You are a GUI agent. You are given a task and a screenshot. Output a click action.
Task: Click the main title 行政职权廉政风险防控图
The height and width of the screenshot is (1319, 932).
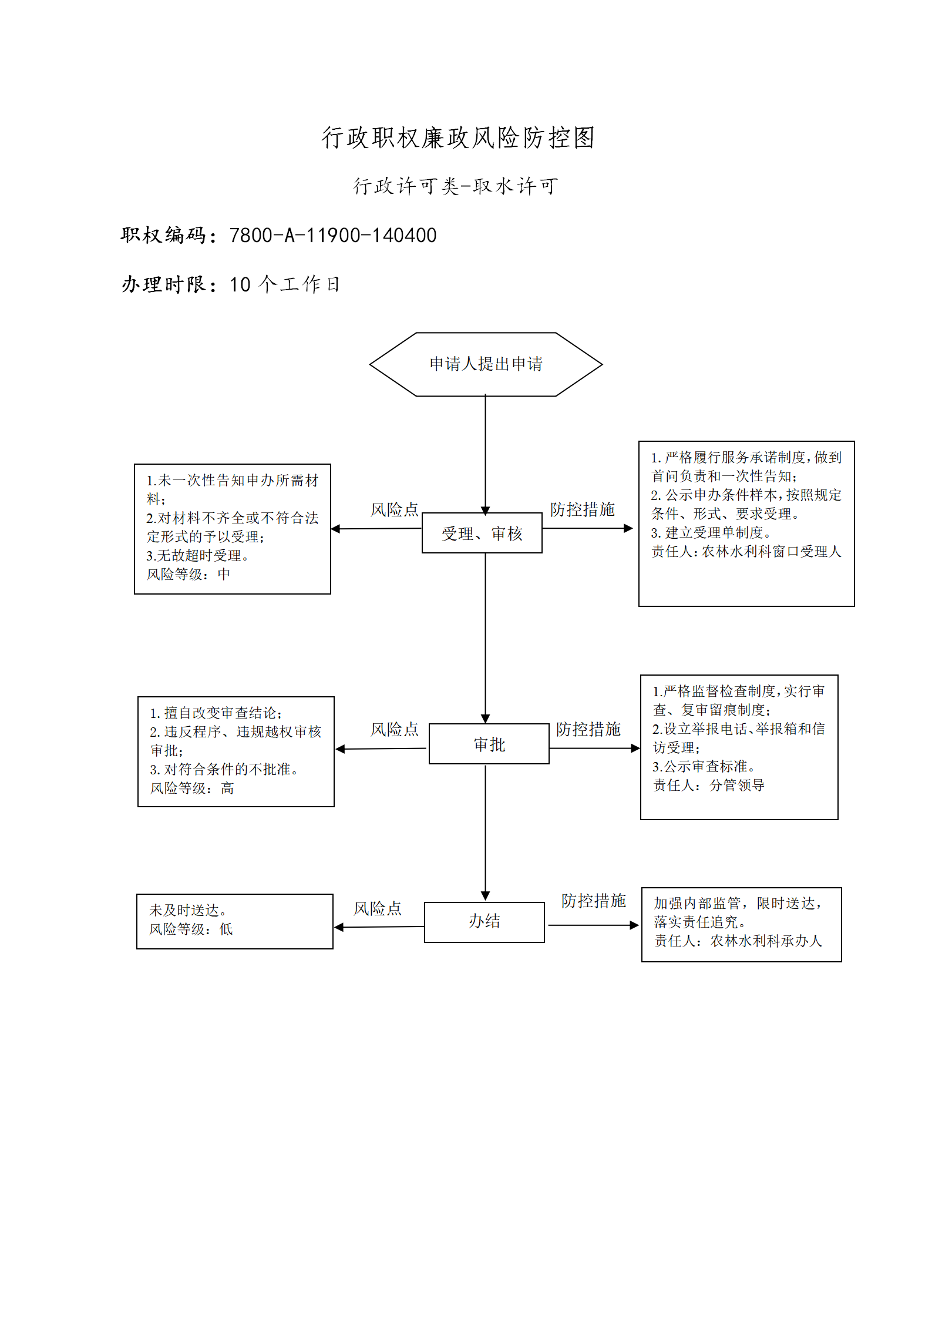[458, 138]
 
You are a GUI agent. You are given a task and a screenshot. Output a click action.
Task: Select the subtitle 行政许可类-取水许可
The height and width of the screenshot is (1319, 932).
[455, 186]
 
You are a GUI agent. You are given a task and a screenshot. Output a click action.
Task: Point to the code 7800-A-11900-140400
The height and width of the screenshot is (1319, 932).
[333, 236]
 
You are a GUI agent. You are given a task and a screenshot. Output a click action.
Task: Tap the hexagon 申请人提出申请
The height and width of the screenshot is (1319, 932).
[486, 364]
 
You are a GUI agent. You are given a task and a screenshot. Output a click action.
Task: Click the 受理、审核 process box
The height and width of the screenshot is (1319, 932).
[482, 533]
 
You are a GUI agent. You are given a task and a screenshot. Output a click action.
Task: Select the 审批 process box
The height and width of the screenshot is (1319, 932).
[489, 744]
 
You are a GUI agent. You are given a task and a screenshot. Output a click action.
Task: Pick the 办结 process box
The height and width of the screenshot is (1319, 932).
[484, 922]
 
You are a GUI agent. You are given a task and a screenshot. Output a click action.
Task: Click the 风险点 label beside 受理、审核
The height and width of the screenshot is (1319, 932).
[395, 509]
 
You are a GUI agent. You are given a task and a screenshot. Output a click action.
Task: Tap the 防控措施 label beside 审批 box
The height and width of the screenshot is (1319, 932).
[588, 729]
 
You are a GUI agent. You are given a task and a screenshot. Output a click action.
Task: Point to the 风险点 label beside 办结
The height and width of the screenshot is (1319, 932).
[378, 909]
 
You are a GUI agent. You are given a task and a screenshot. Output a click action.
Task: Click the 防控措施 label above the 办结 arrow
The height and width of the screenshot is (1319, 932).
[594, 901]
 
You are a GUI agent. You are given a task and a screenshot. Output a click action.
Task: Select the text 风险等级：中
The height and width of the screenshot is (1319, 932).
[189, 574]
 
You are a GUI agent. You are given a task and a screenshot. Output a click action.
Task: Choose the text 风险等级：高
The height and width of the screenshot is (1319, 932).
[192, 788]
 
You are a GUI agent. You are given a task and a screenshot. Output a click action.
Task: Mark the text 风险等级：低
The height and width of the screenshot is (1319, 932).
[191, 929]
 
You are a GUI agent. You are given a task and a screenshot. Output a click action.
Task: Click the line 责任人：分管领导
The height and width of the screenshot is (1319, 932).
[709, 785]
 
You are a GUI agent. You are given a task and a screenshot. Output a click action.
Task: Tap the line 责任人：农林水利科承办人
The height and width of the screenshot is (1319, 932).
[738, 941]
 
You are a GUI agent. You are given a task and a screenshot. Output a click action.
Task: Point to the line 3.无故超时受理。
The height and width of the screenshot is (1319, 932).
[198, 555]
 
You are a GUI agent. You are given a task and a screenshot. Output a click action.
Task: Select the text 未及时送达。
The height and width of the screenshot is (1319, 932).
[188, 910]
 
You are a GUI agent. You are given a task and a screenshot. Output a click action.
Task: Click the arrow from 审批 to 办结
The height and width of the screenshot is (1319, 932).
[485, 833]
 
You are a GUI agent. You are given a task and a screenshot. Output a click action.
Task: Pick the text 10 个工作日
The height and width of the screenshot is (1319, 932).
[285, 284]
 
